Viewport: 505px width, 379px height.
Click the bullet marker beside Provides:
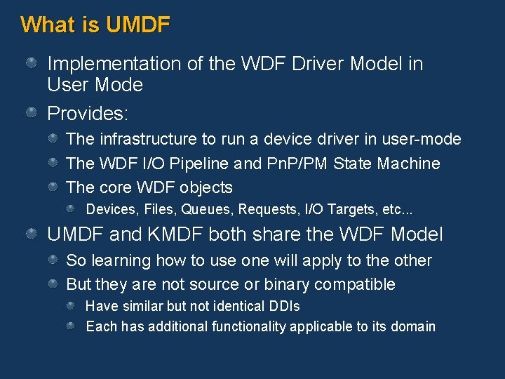click(x=32, y=112)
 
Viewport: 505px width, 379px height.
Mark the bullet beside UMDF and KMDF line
click(x=32, y=234)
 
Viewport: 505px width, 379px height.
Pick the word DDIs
click(x=283, y=306)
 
